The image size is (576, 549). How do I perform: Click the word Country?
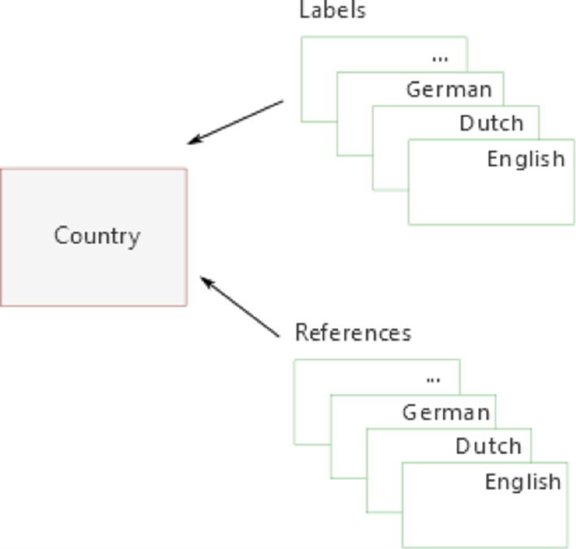pos(97,236)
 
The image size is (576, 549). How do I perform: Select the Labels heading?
pos(333,11)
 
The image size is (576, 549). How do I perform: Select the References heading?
pos(353,333)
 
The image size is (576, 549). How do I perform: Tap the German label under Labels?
pos(449,89)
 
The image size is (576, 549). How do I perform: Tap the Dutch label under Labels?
pos(492,123)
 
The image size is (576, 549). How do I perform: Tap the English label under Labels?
pos(526,158)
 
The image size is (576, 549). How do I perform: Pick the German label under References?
pos(445,412)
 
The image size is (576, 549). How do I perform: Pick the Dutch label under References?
pos(488,446)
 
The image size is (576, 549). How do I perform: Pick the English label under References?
pos(522,482)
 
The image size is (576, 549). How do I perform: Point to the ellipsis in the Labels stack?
pos(440,58)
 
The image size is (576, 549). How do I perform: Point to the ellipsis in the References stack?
pos(433,379)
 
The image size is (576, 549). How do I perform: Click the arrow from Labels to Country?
pos(236,123)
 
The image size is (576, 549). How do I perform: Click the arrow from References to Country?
pos(240,308)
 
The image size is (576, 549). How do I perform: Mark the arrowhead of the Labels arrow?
pos(192,142)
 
